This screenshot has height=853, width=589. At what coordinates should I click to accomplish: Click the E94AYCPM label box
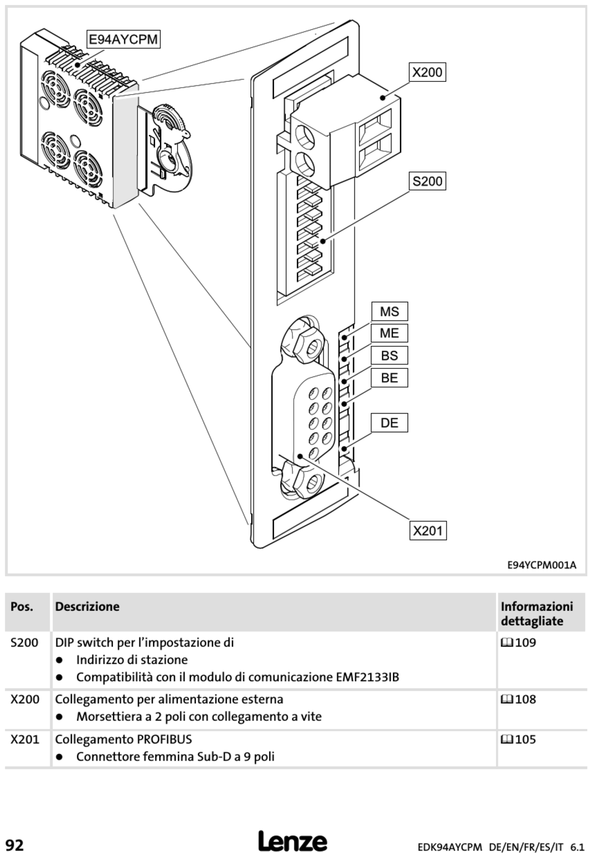click(123, 40)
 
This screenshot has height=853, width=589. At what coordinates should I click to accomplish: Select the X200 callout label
click(427, 73)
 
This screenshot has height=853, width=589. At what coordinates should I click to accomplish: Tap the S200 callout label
click(427, 182)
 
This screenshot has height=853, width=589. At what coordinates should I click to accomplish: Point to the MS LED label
click(389, 312)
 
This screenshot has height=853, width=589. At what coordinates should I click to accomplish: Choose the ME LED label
click(389, 334)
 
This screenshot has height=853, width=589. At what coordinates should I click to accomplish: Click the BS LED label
click(389, 356)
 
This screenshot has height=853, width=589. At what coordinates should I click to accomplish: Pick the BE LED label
click(389, 378)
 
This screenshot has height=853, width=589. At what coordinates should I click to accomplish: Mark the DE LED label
click(389, 423)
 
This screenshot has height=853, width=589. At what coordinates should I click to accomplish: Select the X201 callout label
click(428, 531)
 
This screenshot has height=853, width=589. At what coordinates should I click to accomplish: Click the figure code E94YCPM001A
click(541, 565)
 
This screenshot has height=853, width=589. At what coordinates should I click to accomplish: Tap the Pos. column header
click(22, 607)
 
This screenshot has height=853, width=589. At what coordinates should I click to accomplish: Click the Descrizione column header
click(87, 607)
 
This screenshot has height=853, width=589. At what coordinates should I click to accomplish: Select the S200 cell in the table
click(24, 643)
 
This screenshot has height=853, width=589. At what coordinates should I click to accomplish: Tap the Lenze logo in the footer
click(293, 842)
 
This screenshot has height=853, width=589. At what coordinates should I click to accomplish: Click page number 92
click(15, 844)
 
